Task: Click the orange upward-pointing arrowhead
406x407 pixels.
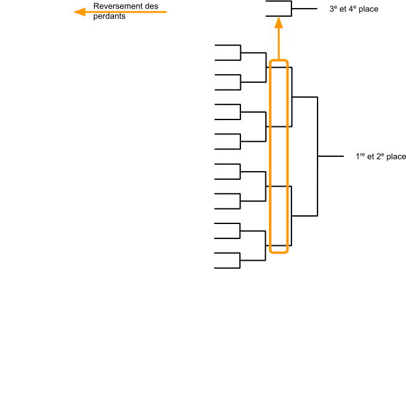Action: point(278,23)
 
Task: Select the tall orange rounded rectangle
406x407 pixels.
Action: point(278,156)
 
